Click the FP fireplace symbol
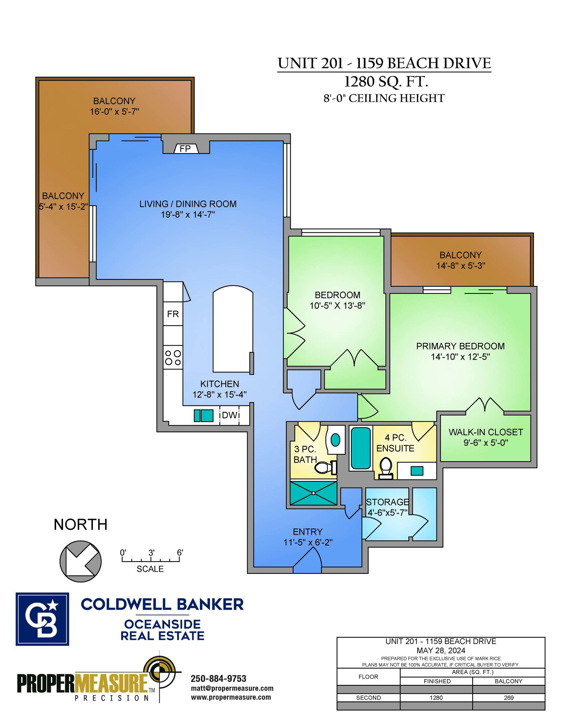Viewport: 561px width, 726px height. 186,149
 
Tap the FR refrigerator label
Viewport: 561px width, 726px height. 173,314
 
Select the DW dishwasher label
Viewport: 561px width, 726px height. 230,415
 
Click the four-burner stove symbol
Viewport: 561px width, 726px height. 173,357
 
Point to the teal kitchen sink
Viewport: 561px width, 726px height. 204,415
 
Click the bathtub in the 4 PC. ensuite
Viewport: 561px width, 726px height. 361,448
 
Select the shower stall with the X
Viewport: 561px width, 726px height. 313,493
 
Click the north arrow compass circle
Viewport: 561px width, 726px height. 81,561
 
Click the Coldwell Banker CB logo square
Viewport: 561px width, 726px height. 42,619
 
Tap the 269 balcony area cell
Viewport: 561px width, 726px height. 508,698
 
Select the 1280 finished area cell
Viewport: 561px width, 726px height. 436,698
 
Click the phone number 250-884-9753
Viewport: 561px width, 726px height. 218,678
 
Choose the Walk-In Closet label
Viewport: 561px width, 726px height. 486,432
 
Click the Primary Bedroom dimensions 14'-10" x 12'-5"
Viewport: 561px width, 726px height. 460,357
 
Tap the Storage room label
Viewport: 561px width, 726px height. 387,502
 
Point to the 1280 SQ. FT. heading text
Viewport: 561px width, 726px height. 386,82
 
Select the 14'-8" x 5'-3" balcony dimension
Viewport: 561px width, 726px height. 461,266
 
